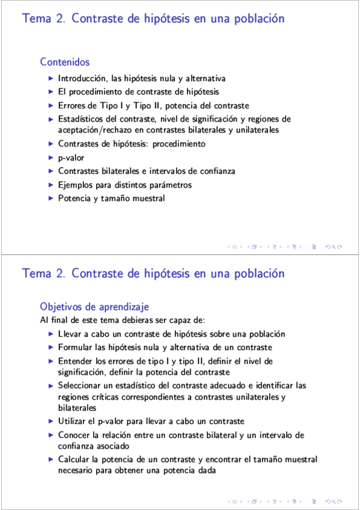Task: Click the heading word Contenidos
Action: point(65,62)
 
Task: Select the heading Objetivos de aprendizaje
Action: point(94,306)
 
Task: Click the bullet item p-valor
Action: point(71,158)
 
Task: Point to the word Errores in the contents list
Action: point(73,105)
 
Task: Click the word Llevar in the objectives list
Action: point(70,334)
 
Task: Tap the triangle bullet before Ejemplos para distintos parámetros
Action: point(51,185)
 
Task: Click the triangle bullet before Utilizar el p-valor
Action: point(51,421)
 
